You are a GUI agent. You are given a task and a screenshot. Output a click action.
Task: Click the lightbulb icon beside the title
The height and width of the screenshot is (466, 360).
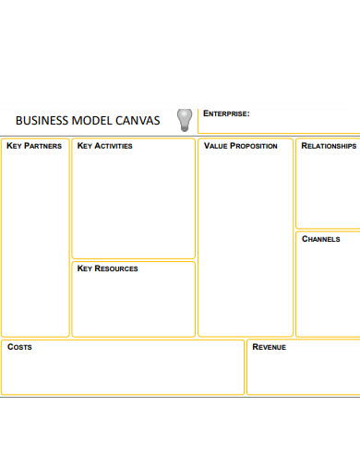point(185,117)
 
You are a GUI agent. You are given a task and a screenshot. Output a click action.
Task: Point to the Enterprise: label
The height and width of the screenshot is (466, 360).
point(226,114)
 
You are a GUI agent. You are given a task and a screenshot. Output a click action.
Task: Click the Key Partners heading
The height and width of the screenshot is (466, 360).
point(34,146)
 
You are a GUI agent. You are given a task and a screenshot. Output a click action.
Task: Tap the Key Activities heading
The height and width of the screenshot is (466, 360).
point(104,146)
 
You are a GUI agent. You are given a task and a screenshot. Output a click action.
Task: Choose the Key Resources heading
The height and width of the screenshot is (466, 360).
point(107,269)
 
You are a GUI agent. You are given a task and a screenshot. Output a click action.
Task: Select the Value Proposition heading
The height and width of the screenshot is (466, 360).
point(240,146)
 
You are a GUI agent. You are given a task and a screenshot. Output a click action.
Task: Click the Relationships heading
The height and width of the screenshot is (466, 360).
point(329,146)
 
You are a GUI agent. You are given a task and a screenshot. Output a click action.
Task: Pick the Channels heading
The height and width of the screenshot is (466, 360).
point(321,238)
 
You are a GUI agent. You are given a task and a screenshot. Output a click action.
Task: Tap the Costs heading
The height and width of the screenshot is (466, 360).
point(19,347)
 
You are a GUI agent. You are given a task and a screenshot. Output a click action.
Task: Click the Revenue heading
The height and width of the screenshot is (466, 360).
point(269,347)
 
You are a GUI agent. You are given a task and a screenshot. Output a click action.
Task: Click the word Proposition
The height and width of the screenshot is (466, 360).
point(253,146)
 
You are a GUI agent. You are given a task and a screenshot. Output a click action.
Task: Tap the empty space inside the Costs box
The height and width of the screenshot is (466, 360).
point(122,374)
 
